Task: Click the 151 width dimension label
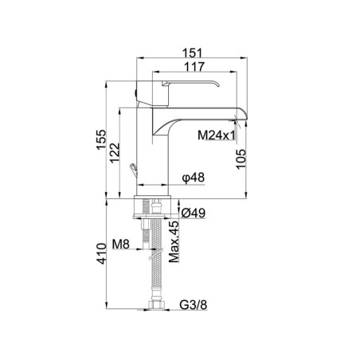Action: coord(192,53)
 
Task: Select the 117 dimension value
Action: coord(194,67)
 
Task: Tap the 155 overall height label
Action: coord(101,139)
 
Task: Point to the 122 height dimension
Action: coord(115,153)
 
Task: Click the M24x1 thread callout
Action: coord(217,135)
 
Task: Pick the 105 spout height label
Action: coord(241,158)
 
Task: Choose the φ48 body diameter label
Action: coord(194,178)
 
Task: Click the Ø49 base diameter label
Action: coord(194,213)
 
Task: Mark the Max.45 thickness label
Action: coord(174,241)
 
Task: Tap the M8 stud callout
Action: coord(121,244)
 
